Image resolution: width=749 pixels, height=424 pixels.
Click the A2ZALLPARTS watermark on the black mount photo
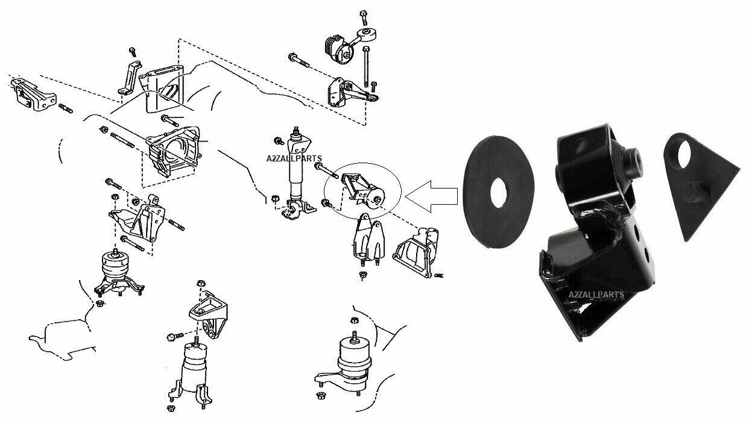[x=596, y=295]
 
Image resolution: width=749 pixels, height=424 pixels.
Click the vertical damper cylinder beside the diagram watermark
[x=297, y=175]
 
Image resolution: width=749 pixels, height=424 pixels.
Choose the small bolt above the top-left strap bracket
[x=133, y=52]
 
